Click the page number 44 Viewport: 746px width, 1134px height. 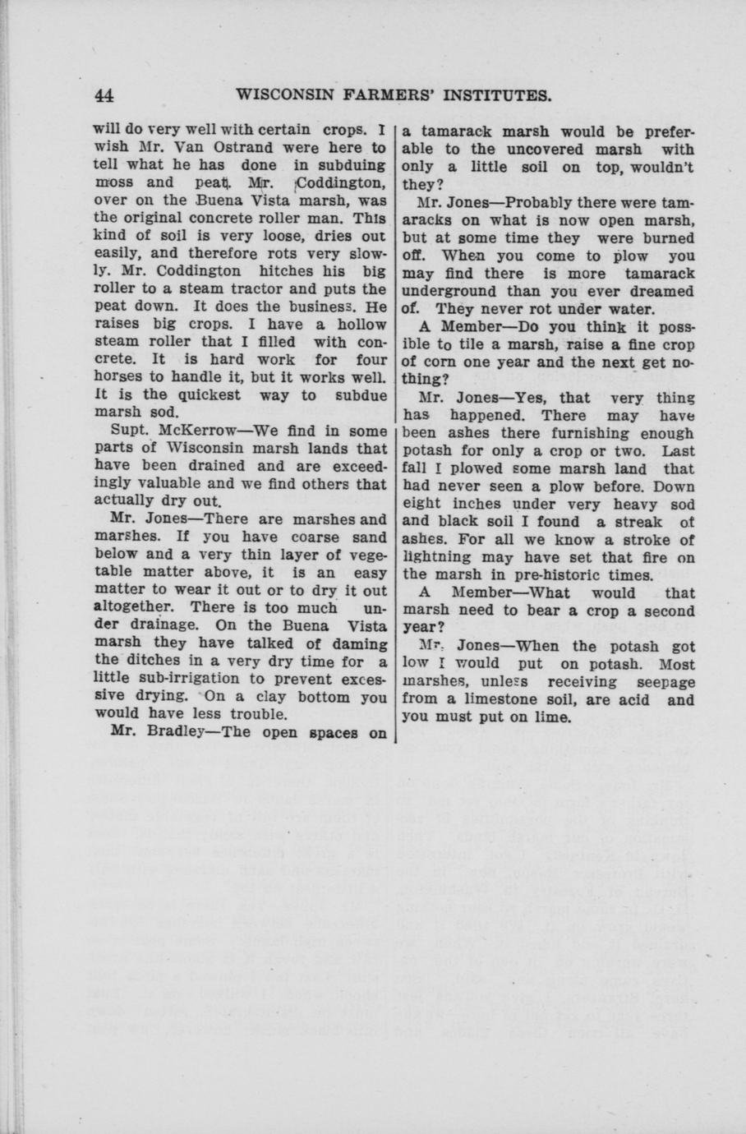pos(104,95)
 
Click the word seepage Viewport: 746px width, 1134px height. pos(663,682)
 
